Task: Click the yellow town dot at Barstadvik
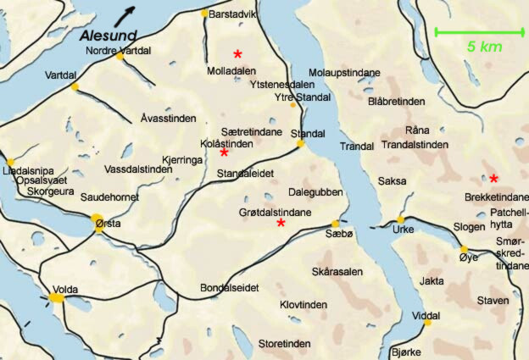(x=203, y=14)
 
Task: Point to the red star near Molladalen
(x=238, y=53)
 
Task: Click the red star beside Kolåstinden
(x=224, y=152)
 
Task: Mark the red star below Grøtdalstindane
(x=281, y=223)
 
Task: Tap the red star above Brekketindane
(x=493, y=178)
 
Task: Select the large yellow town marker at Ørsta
(x=99, y=221)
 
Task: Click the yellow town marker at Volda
(x=57, y=297)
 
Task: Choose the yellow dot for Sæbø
(x=335, y=224)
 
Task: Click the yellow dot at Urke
(x=401, y=220)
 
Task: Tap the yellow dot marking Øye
(x=464, y=249)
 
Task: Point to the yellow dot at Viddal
(x=427, y=323)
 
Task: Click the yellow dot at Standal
(x=300, y=144)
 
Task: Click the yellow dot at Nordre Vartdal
(x=120, y=58)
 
